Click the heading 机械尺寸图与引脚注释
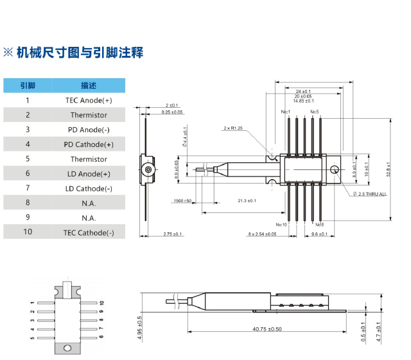tap(80, 53)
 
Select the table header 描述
tap(89, 85)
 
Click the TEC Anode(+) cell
tap(89, 100)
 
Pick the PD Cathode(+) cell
tap(89, 144)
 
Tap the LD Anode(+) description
tap(89, 173)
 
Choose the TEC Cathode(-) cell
tap(89, 232)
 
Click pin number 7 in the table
tap(28, 188)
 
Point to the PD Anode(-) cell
tap(89, 130)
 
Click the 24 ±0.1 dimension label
tap(303, 91)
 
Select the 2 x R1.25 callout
tap(232, 128)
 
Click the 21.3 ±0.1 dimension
tap(247, 201)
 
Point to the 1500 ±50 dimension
tap(182, 201)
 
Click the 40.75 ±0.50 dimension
tap(267, 329)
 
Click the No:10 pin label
tap(281, 224)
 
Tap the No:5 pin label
tap(314, 112)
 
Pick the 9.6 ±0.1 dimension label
tap(319, 234)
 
